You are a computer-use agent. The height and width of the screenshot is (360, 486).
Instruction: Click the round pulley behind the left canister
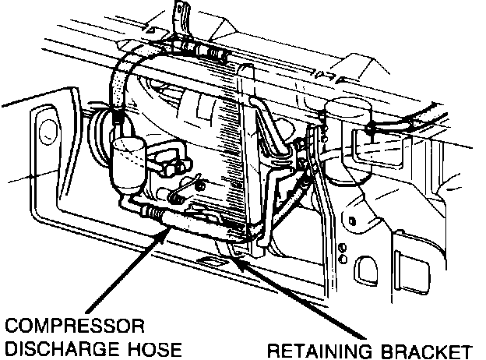tap(100, 137)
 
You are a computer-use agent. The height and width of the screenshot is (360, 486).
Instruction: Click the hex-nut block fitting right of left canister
tap(171, 163)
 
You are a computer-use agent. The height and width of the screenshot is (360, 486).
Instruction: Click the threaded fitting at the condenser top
tap(210, 53)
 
